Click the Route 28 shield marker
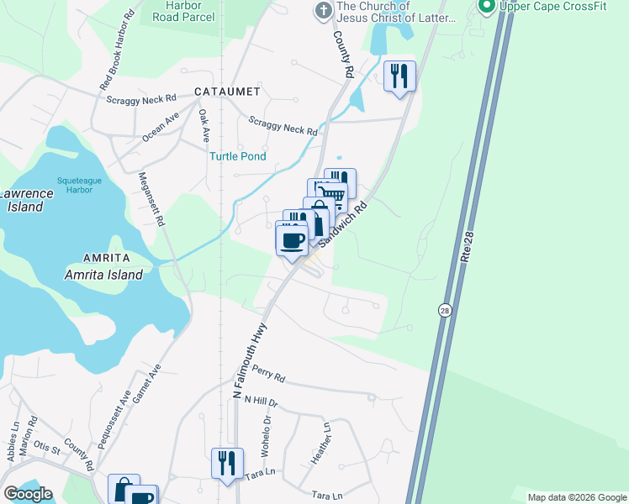[x=444, y=310]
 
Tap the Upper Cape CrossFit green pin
[x=485, y=7]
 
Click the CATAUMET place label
[x=226, y=91]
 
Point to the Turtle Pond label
[x=238, y=156]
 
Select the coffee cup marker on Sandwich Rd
[x=292, y=240]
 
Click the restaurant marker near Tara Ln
[x=227, y=464]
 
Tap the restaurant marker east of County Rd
[x=400, y=77]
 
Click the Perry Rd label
[x=269, y=378]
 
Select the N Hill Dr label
[x=261, y=403]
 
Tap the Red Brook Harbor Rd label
[x=117, y=51]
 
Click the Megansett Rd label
[x=151, y=199]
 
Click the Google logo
[x=27, y=494]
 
